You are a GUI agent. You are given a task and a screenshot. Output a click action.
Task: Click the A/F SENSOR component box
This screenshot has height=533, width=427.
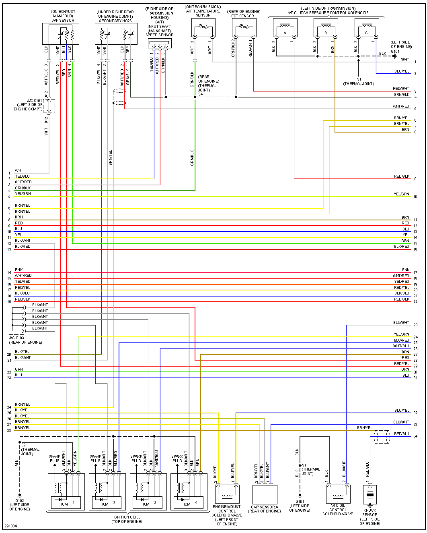click(61, 34)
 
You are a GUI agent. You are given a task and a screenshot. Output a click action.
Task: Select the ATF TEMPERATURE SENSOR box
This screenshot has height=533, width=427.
click(203, 28)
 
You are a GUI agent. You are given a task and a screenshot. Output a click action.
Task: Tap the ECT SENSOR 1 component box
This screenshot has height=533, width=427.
click(244, 28)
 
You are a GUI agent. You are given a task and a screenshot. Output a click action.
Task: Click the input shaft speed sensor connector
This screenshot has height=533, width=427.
click(160, 44)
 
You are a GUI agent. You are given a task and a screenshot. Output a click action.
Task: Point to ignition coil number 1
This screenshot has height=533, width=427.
click(66, 492)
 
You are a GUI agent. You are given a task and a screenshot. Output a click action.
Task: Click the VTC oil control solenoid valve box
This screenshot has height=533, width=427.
click(338, 494)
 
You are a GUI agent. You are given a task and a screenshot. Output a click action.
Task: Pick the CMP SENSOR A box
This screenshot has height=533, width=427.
click(265, 494)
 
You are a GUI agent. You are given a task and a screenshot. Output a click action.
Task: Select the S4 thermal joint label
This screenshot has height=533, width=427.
click(200, 94)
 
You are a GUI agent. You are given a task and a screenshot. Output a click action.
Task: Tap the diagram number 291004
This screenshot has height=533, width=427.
click(11, 526)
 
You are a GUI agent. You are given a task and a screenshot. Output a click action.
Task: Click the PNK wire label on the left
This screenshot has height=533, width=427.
click(19, 270)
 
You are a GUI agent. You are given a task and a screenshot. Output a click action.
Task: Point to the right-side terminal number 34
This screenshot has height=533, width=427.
click(415, 436)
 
